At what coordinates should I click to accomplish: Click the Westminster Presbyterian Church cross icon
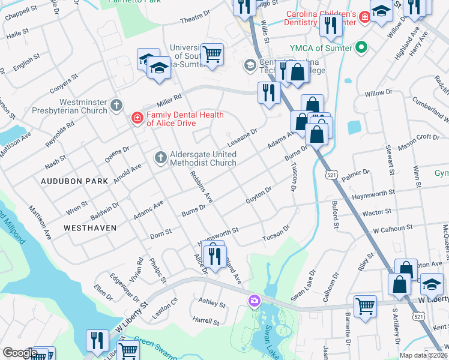coord(117,105)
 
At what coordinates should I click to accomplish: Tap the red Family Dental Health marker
coord(137,118)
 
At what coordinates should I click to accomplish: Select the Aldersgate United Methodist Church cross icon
coord(160,157)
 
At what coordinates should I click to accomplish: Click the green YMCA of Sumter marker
coord(361,47)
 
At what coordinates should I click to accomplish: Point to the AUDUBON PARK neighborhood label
coord(74,181)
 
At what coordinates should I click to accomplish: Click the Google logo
coord(20,353)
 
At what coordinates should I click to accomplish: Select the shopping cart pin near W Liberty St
coord(365,307)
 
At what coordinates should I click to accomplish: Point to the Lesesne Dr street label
coord(242,138)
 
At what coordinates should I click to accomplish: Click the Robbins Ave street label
coord(201,186)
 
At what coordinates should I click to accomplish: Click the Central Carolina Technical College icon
coord(250,65)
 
